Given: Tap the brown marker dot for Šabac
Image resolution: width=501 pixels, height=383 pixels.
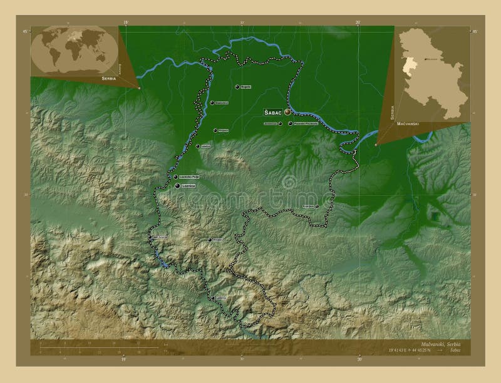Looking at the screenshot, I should pyautogui.click(x=287, y=112).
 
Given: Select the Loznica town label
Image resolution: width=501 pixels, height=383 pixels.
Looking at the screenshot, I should pyautogui.click(x=189, y=186).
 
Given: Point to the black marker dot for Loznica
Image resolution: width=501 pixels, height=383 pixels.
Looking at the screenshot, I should pyautogui.click(x=178, y=186).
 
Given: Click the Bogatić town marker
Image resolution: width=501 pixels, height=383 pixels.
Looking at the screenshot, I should pyautogui.click(x=237, y=87).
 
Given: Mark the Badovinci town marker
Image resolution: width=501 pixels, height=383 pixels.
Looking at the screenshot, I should pyautogui.click(x=212, y=103).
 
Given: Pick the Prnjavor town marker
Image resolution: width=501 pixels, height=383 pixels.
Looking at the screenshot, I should pyautogui.click(x=215, y=131).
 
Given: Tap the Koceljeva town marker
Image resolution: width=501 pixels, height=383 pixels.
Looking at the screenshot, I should pyautogui.click(x=317, y=206).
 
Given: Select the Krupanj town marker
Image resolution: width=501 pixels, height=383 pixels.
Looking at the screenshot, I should pyautogui.click(x=209, y=240).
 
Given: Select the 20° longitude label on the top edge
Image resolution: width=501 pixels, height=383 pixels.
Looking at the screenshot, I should pyautogui.click(x=358, y=22).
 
